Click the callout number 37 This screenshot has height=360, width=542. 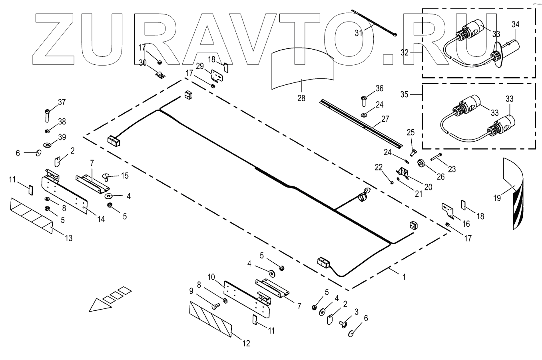(x=62, y=102)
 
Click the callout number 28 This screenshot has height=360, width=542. (x=301, y=98)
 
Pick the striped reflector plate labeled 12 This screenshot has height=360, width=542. (x=210, y=319)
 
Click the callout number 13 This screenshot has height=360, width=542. (x=69, y=238)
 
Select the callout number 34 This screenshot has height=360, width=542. (x=516, y=24)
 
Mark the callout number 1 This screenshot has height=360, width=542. (x=404, y=277)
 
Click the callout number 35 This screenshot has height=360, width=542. (x=405, y=94)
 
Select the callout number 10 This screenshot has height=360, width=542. (x=211, y=277)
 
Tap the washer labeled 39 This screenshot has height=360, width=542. (x=47, y=143)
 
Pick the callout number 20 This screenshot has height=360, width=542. (x=428, y=186)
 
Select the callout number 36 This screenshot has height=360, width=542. (x=379, y=88)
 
